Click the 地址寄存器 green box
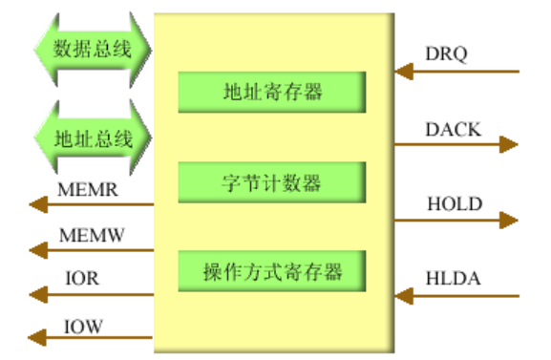[271, 93]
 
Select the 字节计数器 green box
[271, 180]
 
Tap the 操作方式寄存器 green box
[271, 270]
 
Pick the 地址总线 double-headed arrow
[92, 138]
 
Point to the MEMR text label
[88, 189]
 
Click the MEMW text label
[92, 234]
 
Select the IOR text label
[81, 279]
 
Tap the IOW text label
[83, 325]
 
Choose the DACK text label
[453, 129]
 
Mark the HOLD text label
[454, 203]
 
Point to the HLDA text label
[454, 279]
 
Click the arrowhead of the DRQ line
[404, 71]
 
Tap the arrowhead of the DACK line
[509, 144]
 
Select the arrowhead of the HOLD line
[509, 221]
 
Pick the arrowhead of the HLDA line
[404, 295]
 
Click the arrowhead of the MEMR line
[37, 204]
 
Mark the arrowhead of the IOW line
[37, 337]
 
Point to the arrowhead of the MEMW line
[37, 250]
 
